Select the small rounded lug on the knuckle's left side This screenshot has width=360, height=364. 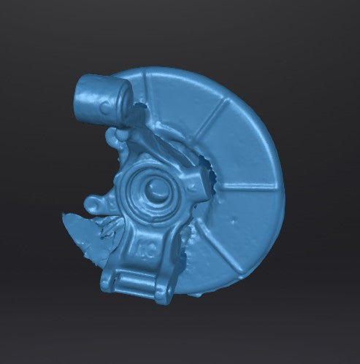click(x=93, y=202)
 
